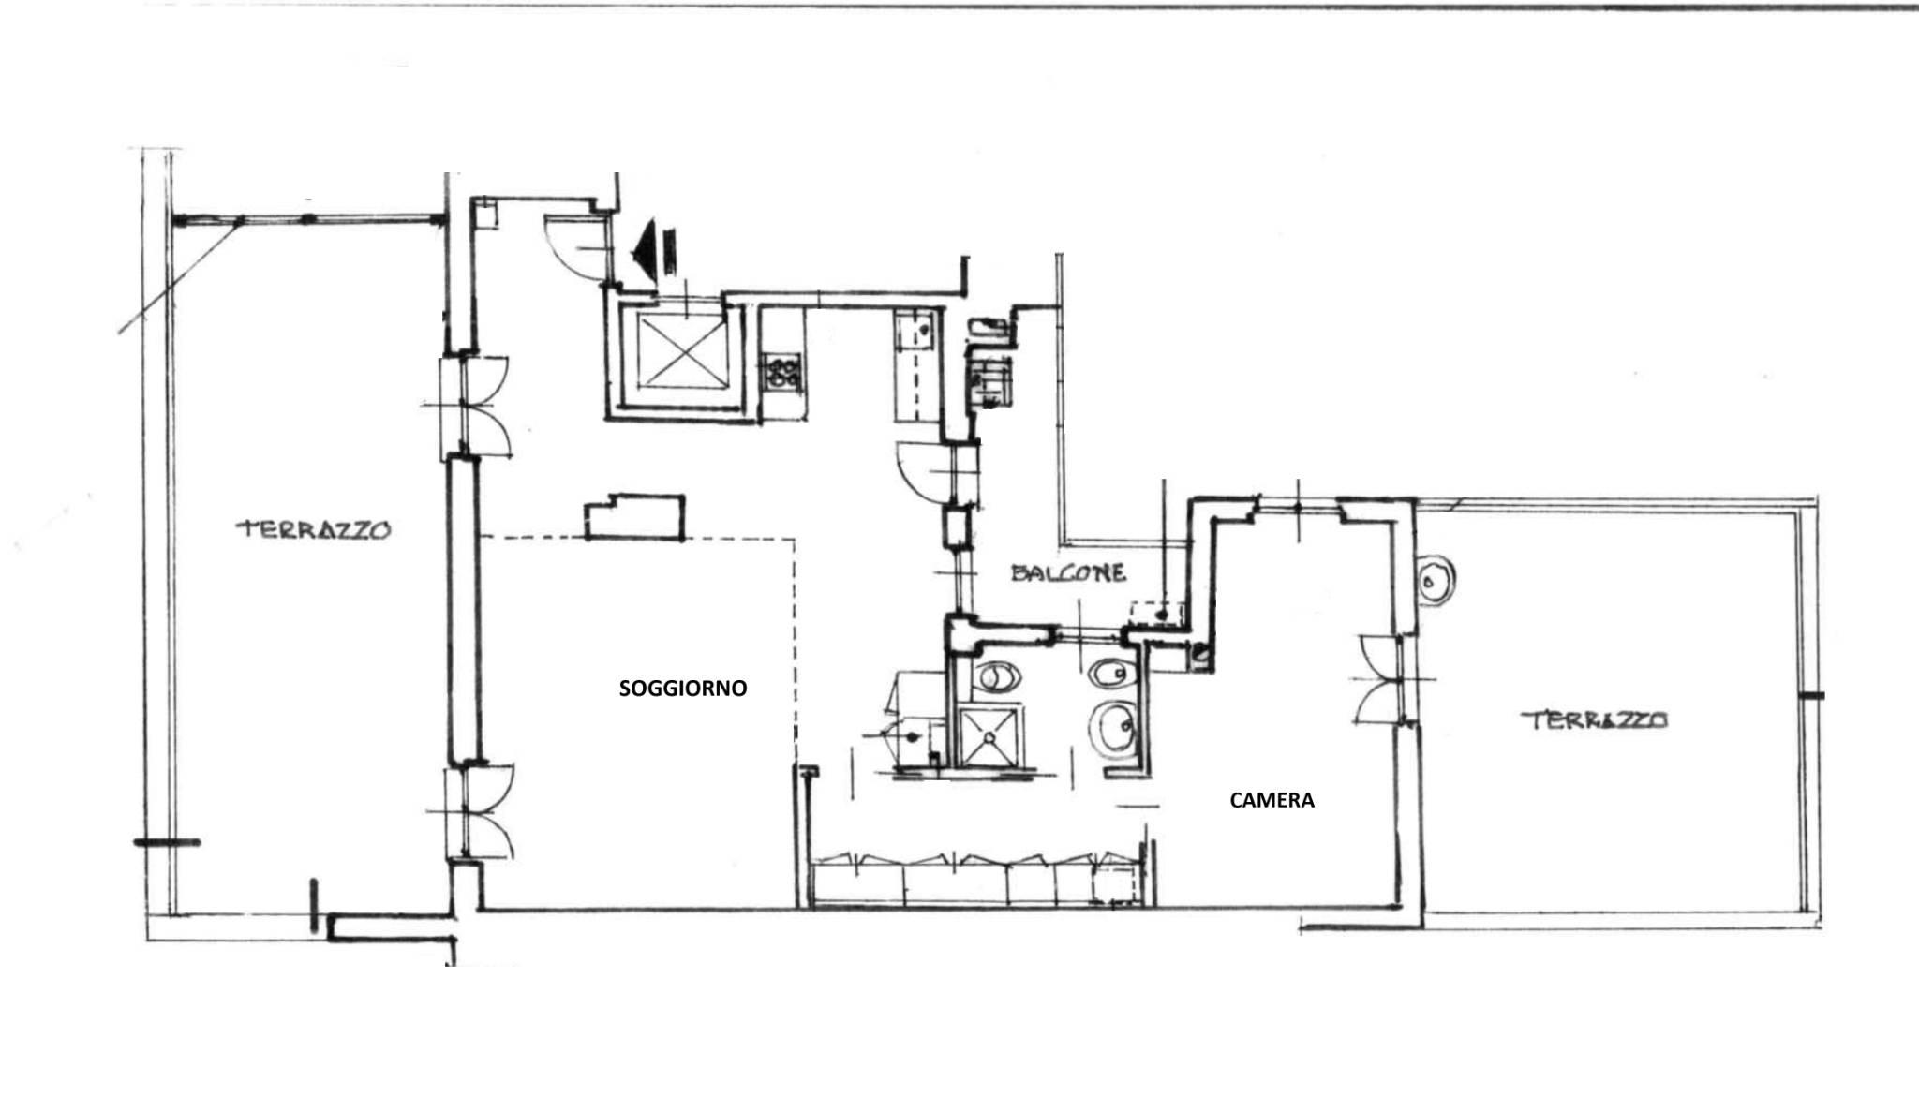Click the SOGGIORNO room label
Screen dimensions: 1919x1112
click(683, 689)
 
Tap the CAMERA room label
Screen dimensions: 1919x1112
click(1272, 800)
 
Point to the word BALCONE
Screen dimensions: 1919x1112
click(1068, 572)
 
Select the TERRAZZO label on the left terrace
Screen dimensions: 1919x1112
click(313, 529)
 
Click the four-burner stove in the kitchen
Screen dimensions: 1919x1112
click(784, 370)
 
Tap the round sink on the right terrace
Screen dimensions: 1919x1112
click(1434, 581)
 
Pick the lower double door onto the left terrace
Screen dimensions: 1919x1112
click(478, 810)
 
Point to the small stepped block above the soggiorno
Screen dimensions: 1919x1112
click(634, 517)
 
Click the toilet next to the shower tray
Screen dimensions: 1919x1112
click(994, 676)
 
